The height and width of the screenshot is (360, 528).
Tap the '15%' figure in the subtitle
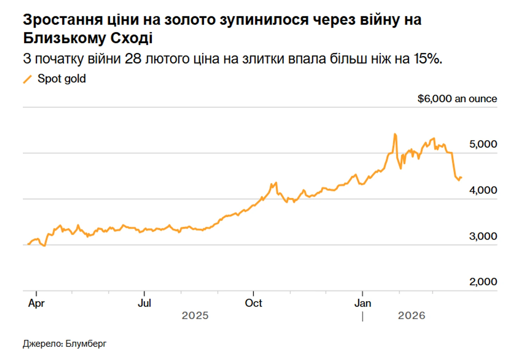tap(427, 58)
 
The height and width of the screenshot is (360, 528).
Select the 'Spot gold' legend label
tap(62, 79)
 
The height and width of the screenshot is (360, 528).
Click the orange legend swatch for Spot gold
tap(27, 79)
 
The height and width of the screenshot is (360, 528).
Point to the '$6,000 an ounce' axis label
tap(457, 99)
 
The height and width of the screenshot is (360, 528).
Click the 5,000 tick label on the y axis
tap(483, 144)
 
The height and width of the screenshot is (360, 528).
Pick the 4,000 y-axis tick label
tap(483, 190)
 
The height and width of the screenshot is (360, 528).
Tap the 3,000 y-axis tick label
tap(483, 236)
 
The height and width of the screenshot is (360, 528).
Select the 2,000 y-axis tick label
tap(483, 281)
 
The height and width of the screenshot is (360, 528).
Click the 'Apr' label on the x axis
tap(36, 303)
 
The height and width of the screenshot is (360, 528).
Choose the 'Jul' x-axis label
tap(144, 303)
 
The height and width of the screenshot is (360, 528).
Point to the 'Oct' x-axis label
tap(253, 303)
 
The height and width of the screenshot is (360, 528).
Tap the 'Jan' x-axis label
tap(363, 303)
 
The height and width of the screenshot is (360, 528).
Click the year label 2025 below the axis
tap(195, 315)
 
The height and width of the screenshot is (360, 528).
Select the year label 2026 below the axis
tap(411, 315)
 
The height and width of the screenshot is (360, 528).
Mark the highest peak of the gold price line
tap(395, 134)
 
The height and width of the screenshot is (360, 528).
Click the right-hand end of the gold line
tap(461, 178)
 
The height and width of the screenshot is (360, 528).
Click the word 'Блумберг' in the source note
tap(86, 343)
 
